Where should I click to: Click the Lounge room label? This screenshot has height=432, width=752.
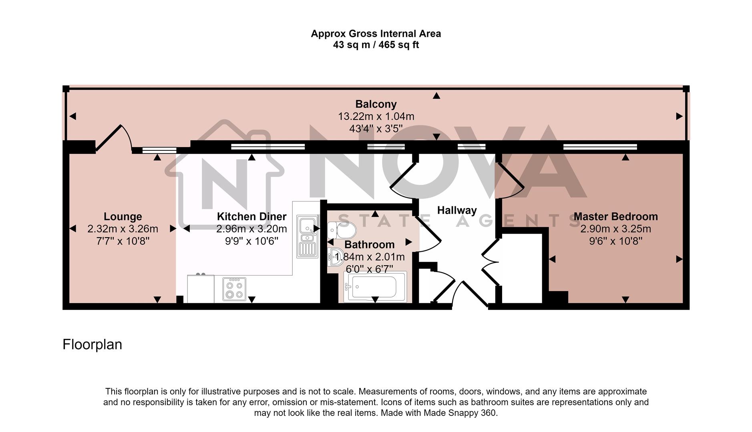point(123,216)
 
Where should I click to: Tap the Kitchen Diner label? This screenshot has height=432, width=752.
point(251,216)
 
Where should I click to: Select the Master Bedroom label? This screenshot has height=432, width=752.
point(615,216)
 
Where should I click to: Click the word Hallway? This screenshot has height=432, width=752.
point(457,210)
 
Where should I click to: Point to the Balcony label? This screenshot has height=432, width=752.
point(376,104)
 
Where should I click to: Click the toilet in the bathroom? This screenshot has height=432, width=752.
point(342,230)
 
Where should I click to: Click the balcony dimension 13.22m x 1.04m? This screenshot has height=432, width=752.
point(376,116)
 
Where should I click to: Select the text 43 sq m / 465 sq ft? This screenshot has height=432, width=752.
point(376,45)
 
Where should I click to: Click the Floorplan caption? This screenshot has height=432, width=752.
point(92,344)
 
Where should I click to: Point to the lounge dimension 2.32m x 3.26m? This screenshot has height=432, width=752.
point(123,229)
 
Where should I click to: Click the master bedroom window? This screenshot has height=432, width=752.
point(599,147)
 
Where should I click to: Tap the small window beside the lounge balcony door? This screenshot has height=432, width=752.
point(159,150)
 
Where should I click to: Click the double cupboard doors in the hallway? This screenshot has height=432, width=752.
point(489,262)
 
